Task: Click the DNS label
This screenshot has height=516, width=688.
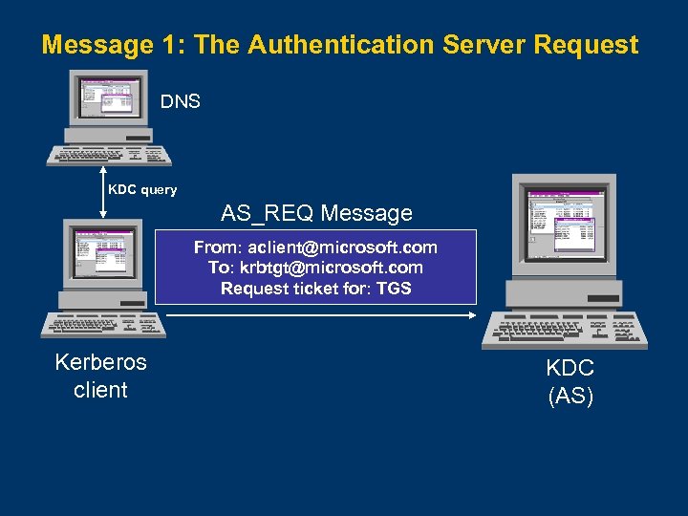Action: [x=180, y=101]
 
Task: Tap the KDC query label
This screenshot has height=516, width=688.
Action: [x=142, y=189]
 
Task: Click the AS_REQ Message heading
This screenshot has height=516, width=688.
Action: [x=316, y=212]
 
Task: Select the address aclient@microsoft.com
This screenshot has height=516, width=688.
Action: [x=342, y=247]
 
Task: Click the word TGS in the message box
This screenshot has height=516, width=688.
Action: [x=394, y=289]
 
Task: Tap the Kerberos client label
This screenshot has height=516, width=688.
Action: [x=100, y=376]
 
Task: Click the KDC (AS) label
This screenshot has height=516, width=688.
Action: [x=570, y=380]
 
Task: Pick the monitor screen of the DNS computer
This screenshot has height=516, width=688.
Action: [x=106, y=99]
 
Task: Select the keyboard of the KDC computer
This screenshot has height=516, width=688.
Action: [x=564, y=332]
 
